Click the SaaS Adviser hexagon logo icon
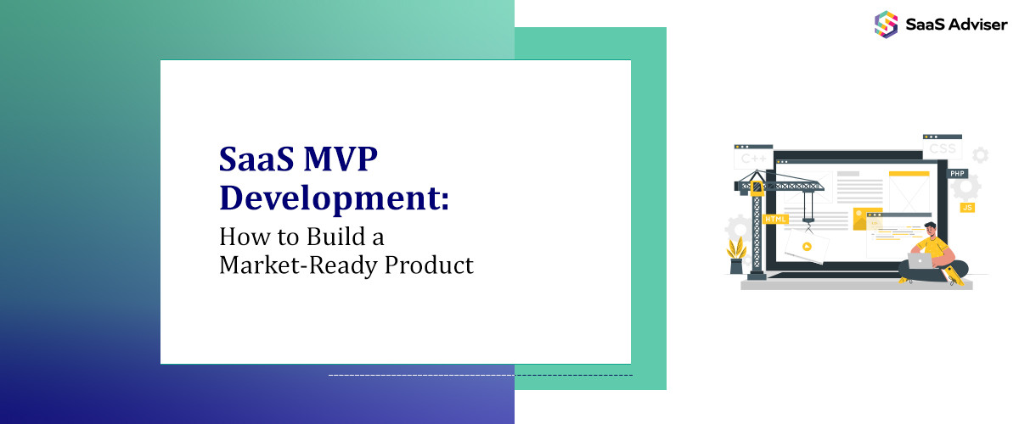tap(886, 23)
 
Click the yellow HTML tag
tap(775, 219)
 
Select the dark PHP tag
tap(958, 173)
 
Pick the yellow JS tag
tap(966, 207)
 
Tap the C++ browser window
tap(753, 157)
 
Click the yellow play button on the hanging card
tap(806, 247)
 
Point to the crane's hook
tap(808, 223)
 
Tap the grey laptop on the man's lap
tap(920, 261)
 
